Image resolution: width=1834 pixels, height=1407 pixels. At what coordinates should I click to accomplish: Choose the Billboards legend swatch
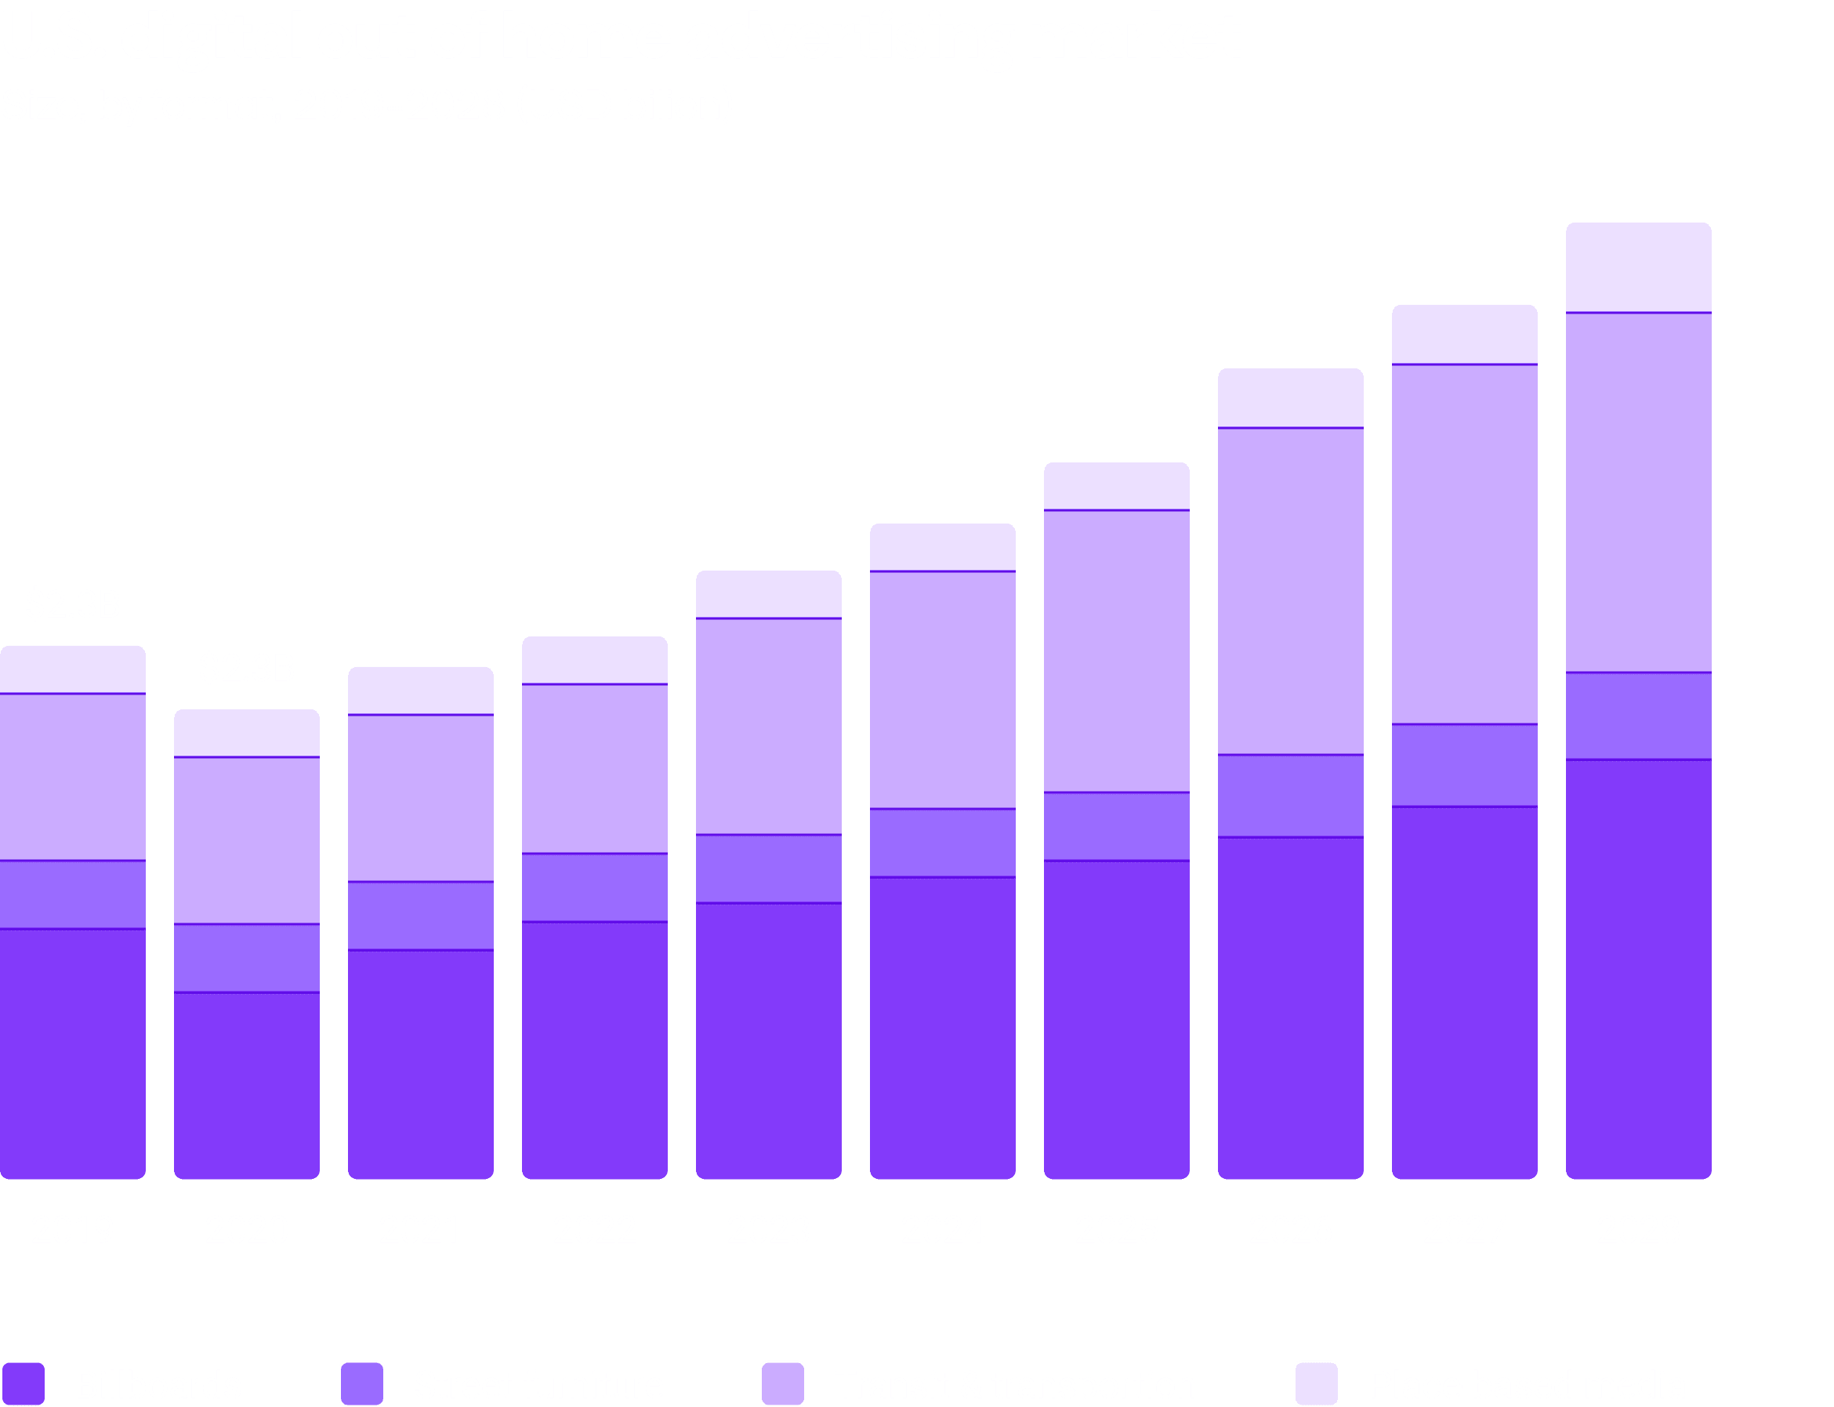pos(24,1383)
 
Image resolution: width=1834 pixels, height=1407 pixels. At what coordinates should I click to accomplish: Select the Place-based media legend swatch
pos(1317,1383)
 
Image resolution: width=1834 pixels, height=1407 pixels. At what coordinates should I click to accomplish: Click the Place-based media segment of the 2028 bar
pos(1638,268)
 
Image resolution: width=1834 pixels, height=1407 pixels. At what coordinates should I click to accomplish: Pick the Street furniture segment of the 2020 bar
pos(246,958)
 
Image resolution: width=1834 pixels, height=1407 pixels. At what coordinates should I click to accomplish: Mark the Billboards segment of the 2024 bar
pos(942,1028)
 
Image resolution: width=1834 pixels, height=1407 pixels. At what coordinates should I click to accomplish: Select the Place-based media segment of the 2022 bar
pos(595,661)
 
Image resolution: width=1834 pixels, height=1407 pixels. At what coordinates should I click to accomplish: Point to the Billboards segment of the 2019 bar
pos(73,1053)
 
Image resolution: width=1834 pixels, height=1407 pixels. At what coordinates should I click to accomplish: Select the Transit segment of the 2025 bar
pos(1116,651)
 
